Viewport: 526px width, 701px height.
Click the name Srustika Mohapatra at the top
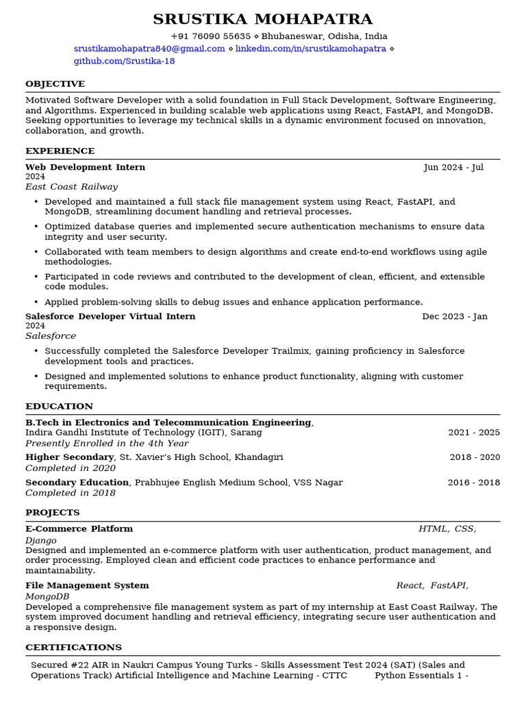(262, 19)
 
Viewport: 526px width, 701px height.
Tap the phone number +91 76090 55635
(210, 36)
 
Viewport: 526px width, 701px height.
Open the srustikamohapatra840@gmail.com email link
(149, 49)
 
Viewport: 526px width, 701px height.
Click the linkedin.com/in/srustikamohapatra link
(311, 49)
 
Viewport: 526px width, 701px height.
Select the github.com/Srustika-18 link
(124, 61)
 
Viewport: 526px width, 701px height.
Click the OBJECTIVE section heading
(55, 84)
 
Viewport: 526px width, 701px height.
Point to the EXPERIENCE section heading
(60, 151)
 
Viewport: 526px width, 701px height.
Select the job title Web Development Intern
(85, 167)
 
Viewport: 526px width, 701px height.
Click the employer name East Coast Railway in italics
(71, 187)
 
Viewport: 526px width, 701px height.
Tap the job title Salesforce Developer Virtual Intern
(110, 316)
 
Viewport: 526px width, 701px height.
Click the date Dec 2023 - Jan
(455, 316)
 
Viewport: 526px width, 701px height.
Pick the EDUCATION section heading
(59, 407)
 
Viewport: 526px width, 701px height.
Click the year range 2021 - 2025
(474, 433)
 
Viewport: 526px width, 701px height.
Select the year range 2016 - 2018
(474, 483)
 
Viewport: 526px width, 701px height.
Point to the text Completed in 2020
(71, 468)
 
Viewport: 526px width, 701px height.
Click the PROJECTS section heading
(53, 513)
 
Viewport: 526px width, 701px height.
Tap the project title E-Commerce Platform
(79, 529)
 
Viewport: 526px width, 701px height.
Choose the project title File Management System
(87, 586)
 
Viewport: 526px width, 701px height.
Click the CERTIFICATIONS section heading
(73, 648)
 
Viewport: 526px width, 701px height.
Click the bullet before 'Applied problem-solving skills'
(36, 303)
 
